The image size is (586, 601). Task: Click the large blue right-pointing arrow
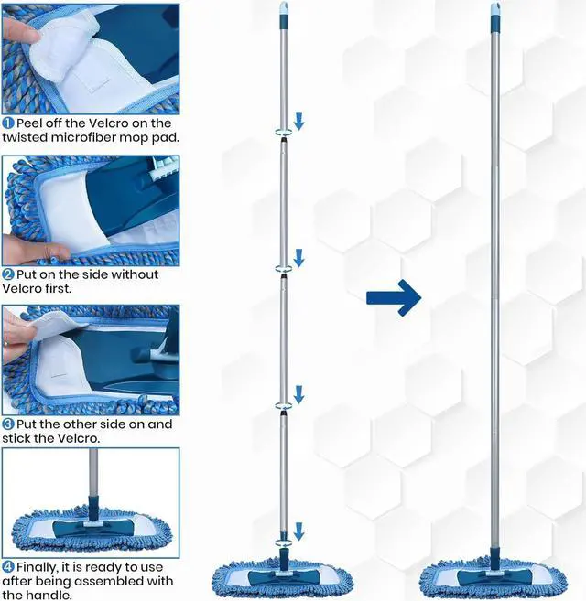pos(393,297)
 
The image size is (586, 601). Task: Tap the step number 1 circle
pos(7,123)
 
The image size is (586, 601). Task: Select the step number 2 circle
pos(7,274)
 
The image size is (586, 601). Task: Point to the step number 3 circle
pos(7,425)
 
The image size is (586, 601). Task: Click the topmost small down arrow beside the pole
pos(298,120)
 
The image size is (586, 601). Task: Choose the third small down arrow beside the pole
pos(298,393)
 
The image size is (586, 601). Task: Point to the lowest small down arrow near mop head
pos(298,531)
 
